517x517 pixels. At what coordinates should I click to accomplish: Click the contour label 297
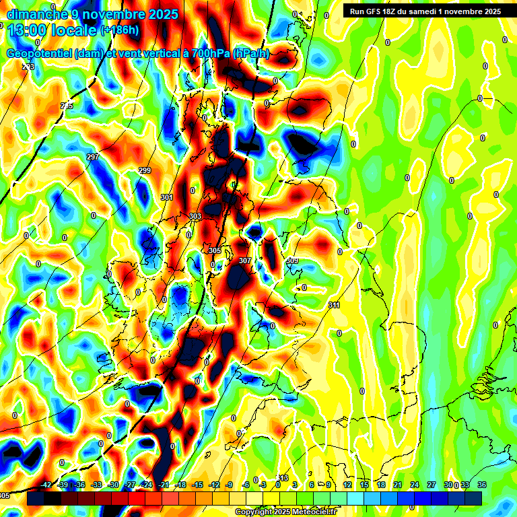[x=93, y=157]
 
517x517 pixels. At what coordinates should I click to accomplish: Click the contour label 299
[x=145, y=170]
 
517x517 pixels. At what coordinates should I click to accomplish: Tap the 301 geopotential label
[x=167, y=197]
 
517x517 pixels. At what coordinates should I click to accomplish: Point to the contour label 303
[x=195, y=216]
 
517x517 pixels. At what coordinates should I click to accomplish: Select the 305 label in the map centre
[x=215, y=250]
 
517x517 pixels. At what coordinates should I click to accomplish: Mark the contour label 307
[x=245, y=260]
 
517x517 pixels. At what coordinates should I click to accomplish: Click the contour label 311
[x=334, y=306]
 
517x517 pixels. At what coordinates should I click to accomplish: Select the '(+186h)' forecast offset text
[x=120, y=30]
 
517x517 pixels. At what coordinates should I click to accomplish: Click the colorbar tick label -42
[x=46, y=485]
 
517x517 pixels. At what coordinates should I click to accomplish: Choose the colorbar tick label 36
[x=482, y=485]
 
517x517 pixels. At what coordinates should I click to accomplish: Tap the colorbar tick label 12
[x=347, y=485]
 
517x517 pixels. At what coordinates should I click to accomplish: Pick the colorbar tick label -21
[x=164, y=485]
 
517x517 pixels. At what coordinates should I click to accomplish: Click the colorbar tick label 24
[x=415, y=485]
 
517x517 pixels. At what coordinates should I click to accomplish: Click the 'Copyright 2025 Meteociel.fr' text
[x=285, y=512]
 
